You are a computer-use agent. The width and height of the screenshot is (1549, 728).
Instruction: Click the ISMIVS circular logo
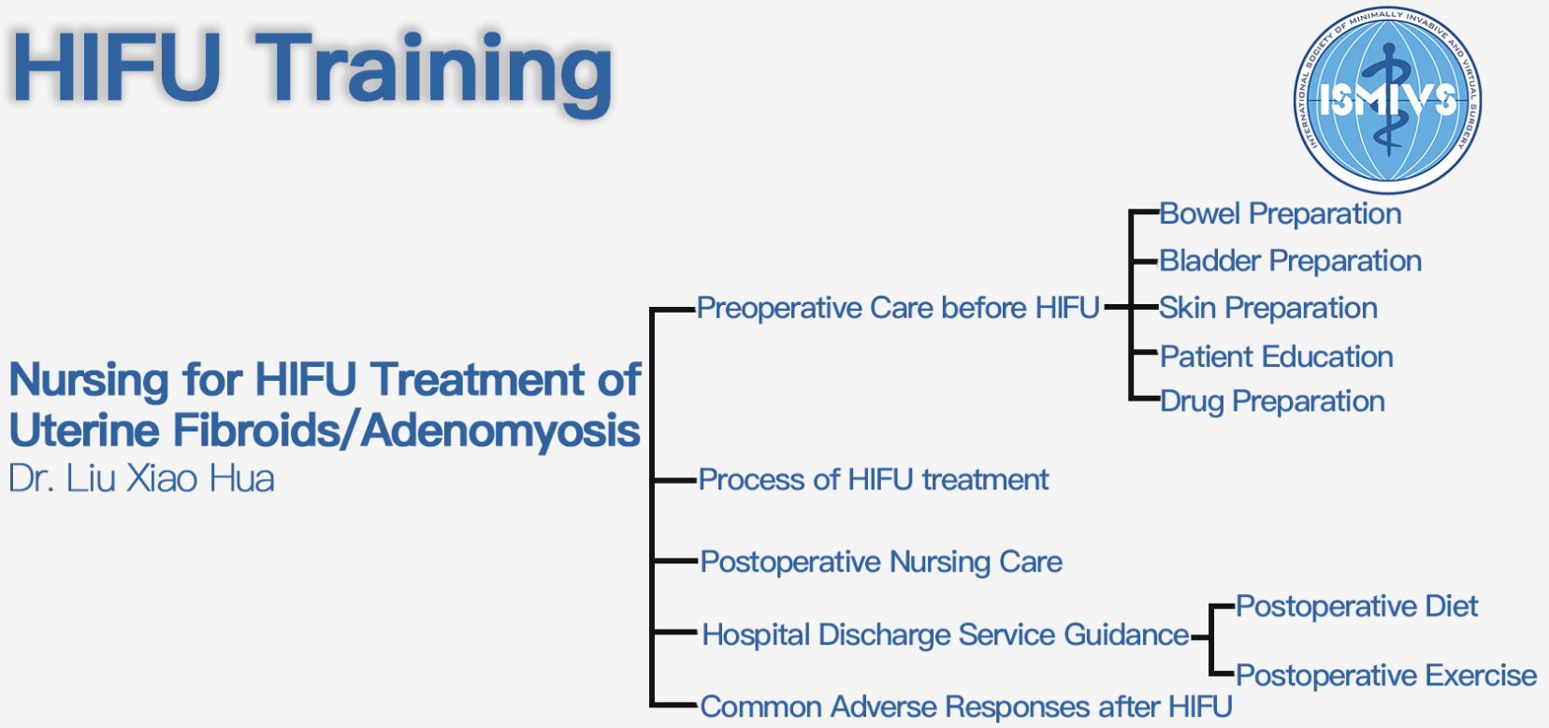coord(1387,100)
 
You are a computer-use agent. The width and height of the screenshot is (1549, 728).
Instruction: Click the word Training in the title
coord(434,73)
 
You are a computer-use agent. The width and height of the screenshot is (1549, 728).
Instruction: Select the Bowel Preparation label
coord(1280,214)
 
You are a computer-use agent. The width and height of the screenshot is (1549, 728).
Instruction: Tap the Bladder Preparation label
coord(1291,262)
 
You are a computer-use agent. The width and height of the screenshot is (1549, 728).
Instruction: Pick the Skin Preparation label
coord(1268,309)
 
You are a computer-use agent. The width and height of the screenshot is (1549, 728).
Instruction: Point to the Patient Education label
coord(1277,357)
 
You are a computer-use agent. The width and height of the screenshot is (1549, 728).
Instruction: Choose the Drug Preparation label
coord(1272,402)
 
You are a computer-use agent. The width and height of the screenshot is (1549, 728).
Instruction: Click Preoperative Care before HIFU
coord(898,308)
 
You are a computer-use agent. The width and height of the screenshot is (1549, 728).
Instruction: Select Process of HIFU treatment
coord(874,480)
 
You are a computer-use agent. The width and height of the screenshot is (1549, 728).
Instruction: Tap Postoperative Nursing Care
coord(881,562)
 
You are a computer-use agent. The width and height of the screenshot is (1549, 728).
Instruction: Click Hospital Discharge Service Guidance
coord(946,634)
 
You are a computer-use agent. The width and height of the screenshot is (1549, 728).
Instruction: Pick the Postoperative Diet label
coord(1356,607)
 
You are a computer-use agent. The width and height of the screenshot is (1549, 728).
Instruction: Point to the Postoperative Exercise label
coord(1386,676)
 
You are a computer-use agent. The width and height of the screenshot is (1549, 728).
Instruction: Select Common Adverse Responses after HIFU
coord(966,707)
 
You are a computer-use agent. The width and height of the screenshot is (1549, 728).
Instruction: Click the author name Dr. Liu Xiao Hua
coord(142,479)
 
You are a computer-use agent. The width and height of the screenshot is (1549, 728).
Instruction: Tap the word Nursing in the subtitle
coord(89,381)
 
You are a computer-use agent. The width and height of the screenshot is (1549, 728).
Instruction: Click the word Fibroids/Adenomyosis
coord(407,431)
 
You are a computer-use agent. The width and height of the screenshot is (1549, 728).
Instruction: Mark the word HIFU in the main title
coord(116,67)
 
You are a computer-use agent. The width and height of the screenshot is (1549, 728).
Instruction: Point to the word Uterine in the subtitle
coord(84,430)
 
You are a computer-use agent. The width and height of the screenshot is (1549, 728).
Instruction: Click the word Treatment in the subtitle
coord(477,380)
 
